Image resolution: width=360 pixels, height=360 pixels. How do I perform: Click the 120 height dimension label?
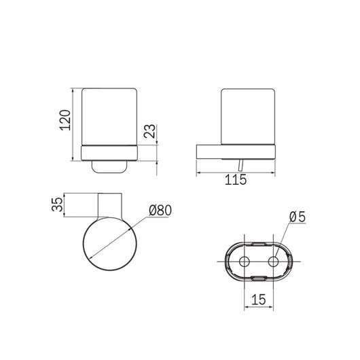click(65, 120)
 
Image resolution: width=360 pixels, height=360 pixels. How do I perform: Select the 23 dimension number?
click(149, 131)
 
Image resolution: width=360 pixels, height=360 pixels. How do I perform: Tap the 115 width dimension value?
click(236, 180)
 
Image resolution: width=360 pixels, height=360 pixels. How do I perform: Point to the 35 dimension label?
click(57, 204)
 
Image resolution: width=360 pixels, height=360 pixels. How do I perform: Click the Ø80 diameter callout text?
click(160, 211)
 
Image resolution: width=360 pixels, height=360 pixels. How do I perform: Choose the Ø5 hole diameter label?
click(298, 217)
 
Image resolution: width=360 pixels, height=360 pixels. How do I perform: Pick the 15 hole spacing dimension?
click(259, 300)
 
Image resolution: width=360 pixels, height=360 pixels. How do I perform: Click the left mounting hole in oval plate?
click(245, 262)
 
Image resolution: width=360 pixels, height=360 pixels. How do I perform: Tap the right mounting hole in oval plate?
click(273, 262)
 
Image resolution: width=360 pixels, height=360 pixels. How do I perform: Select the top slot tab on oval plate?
click(259, 244)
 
